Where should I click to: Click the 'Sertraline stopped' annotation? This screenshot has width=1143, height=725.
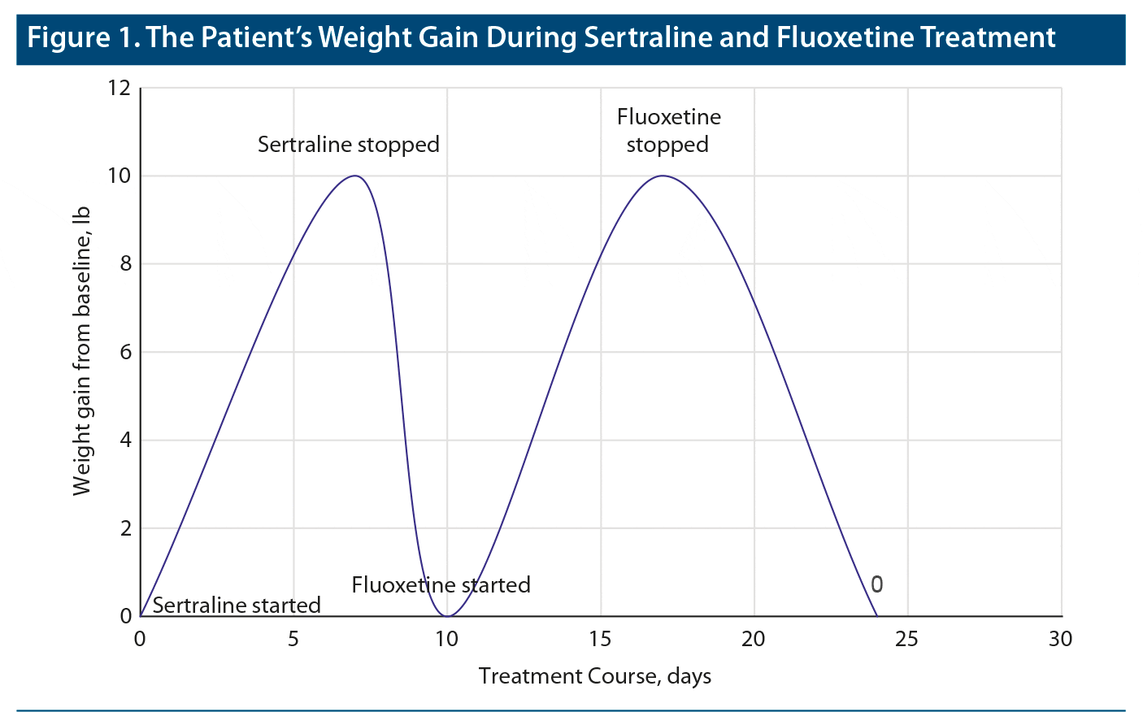(348, 145)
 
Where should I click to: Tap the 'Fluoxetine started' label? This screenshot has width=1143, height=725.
(441, 585)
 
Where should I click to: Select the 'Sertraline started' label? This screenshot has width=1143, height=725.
(237, 606)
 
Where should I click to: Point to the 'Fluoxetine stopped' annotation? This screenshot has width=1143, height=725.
(668, 131)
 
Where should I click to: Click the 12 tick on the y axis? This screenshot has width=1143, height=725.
(119, 88)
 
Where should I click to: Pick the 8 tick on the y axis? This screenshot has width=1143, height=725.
(125, 264)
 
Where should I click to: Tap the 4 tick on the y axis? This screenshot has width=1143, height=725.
(125, 441)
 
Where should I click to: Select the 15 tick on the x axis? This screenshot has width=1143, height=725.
(600, 640)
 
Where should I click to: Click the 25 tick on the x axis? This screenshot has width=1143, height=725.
(907, 640)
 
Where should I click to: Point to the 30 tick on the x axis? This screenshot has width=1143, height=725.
(1060, 640)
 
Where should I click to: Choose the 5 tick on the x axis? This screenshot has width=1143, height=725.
(293, 640)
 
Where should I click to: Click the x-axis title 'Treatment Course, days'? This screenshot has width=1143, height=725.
(595, 676)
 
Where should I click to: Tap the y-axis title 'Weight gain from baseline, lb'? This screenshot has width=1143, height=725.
(81, 351)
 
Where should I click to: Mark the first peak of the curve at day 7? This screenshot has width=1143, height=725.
(354, 176)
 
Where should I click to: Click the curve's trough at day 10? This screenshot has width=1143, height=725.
(447, 616)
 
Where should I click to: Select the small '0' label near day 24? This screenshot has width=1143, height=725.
(876, 584)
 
